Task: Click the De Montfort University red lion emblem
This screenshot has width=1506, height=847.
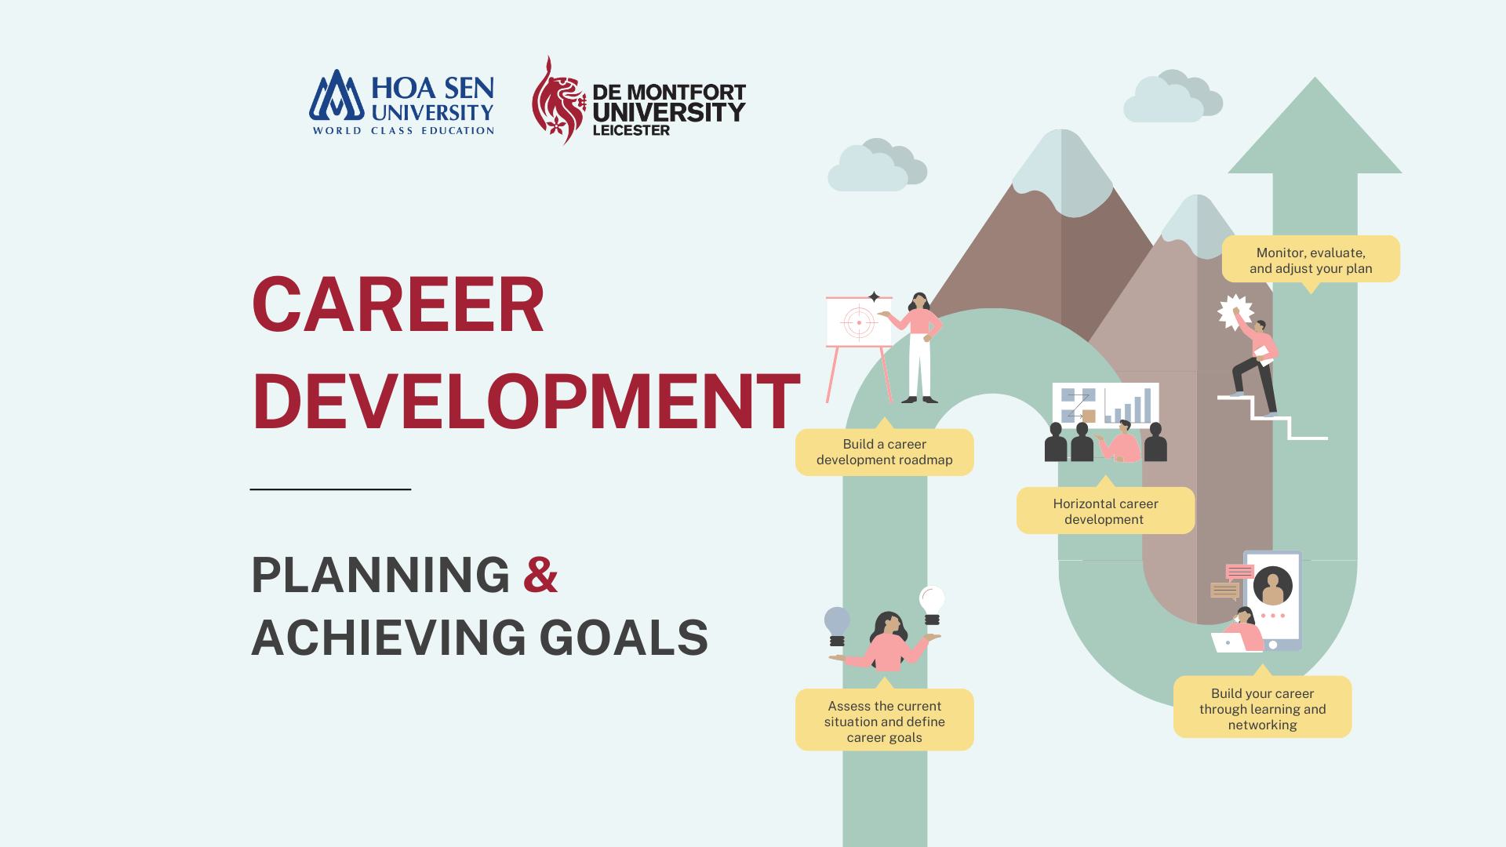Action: [558, 100]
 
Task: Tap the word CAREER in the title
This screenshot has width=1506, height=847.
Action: [398, 305]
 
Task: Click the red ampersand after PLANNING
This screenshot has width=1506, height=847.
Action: [540, 575]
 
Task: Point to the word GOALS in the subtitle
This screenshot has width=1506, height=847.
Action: [624, 638]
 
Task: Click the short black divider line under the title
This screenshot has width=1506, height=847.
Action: [330, 489]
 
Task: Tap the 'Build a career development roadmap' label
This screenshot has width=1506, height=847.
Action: [884, 452]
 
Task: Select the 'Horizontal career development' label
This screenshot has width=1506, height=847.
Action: [1105, 511]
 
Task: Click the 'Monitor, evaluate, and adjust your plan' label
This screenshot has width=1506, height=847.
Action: [1311, 260]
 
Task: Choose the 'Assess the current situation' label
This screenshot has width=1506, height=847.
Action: [884, 720]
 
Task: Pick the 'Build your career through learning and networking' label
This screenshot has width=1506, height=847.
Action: [1262, 707]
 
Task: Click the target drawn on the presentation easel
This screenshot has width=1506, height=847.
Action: [859, 322]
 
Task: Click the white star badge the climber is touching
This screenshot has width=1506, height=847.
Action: [1235, 312]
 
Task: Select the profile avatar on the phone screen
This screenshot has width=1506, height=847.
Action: [1272, 586]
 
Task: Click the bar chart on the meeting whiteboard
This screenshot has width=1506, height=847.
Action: [1129, 405]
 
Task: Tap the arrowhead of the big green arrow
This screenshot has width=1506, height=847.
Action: [1315, 125]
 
